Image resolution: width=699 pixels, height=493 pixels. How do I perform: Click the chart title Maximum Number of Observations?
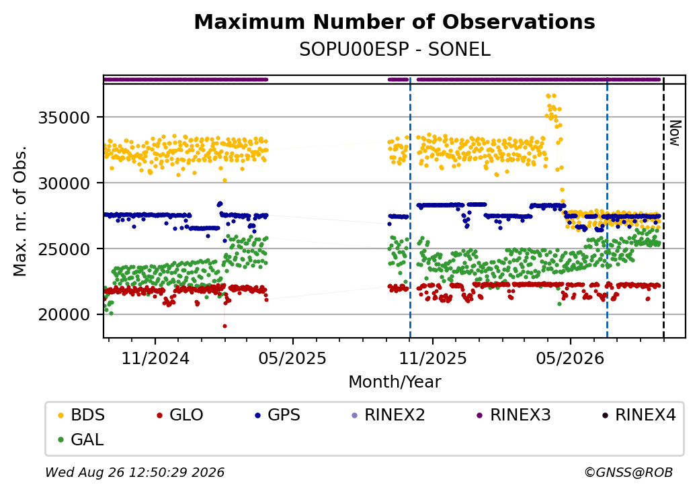tap(395, 21)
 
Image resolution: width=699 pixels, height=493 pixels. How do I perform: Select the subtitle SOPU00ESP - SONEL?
tap(395, 50)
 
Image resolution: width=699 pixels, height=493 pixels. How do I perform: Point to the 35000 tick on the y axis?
tap(65, 118)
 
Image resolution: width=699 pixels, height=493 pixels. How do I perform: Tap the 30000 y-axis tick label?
tap(65, 183)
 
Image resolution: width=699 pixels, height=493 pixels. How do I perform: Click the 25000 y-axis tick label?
tap(65, 249)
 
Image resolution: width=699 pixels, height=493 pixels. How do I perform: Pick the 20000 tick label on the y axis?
tap(65, 314)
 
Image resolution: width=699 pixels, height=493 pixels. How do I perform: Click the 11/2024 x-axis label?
tap(155, 358)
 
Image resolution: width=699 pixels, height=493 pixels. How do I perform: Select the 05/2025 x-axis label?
tap(292, 358)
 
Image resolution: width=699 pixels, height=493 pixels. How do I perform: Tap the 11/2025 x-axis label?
tap(432, 358)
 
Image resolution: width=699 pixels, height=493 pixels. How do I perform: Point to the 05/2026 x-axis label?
tap(570, 358)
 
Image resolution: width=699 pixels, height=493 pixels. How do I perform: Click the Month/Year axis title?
tap(395, 382)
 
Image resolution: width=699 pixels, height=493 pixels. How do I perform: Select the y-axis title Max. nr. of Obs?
tap(20, 211)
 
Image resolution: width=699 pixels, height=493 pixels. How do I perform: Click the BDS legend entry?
tap(81, 415)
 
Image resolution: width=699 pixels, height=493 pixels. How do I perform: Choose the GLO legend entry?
tap(180, 415)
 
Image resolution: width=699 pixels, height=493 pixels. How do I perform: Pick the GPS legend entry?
tap(278, 415)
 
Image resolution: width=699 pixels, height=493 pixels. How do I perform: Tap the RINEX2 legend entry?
tap(388, 415)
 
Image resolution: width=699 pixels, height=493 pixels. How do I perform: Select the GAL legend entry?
tap(81, 439)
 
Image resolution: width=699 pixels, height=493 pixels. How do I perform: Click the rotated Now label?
tap(675, 133)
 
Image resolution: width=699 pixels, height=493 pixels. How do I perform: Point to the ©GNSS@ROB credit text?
tap(628, 472)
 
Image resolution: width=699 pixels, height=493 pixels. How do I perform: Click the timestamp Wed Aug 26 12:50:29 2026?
tap(134, 472)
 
